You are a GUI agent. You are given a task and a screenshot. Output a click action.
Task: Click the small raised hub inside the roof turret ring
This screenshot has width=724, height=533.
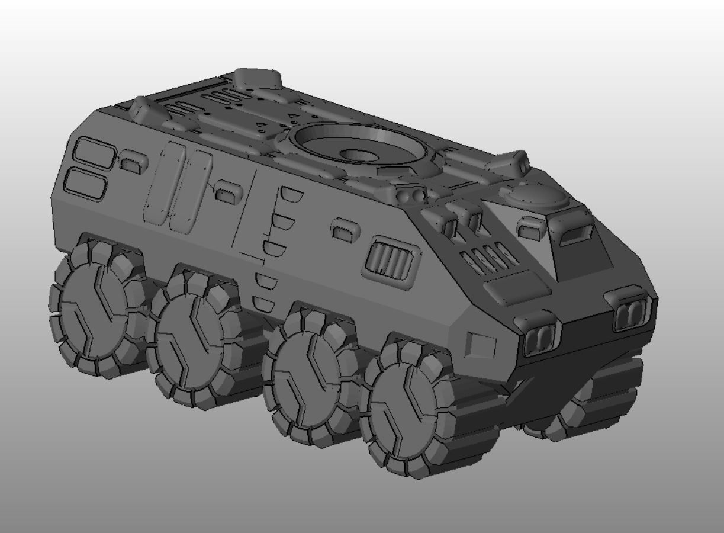pos(360,155)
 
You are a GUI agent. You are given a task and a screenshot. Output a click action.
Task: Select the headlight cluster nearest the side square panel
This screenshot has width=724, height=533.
pos(539,338)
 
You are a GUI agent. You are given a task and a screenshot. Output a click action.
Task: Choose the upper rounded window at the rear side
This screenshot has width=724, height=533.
pos(94,152)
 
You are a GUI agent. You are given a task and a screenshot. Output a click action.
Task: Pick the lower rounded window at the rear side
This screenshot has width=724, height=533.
pos(86,183)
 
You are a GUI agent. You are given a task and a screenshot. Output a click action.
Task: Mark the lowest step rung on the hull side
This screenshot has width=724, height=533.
pos(263,304)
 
